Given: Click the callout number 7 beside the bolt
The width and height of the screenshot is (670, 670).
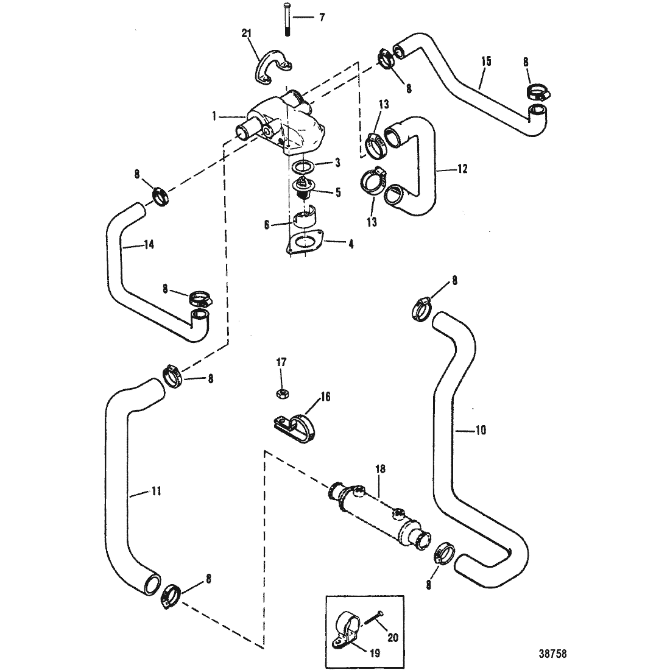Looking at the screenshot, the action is coord(322,18).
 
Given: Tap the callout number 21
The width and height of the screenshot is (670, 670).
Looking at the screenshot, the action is coord(247,33).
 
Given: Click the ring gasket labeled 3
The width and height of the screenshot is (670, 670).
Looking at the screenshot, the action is coord(303,166).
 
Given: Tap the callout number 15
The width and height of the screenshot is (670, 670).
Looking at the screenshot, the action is coord(486,62).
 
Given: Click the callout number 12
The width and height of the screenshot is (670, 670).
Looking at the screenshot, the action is coord(462,169).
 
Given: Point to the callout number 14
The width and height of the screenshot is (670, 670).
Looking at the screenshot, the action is coord(149,245).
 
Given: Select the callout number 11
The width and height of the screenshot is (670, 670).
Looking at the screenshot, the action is coord(157,492).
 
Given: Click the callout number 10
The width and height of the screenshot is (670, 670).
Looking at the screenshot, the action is coord(481,430).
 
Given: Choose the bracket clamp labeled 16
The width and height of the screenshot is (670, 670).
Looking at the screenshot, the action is coord(295,426).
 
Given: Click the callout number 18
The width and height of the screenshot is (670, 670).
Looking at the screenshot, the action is coord(380,469).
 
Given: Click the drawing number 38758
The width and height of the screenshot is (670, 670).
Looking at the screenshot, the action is coord(552,654).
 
